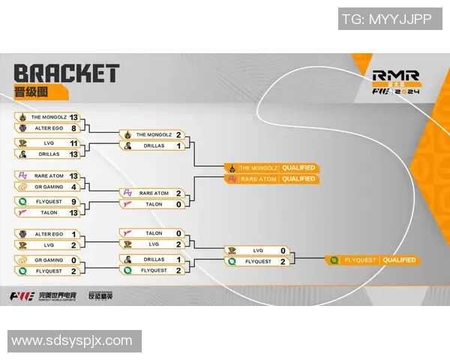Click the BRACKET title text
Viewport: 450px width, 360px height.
pos(66,73)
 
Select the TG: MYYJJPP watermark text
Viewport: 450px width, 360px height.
pos(386,19)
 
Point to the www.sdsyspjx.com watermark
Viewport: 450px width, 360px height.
pos(71,341)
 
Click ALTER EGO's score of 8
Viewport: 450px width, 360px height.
pos(73,127)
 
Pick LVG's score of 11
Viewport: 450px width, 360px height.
pos(73,142)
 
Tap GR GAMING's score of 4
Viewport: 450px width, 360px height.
pos(73,186)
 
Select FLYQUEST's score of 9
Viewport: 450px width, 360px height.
pos(73,201)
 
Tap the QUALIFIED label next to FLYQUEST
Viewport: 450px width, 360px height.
pos(398,260)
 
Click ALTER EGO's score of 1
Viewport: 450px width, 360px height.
pos(73,234)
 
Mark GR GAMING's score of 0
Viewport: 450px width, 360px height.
pos(73,259)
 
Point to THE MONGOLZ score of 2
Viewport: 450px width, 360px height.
pos(178,135)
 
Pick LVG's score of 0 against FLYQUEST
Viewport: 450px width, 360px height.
pos(283,250)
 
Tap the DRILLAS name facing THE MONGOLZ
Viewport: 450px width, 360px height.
pos(154,145)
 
